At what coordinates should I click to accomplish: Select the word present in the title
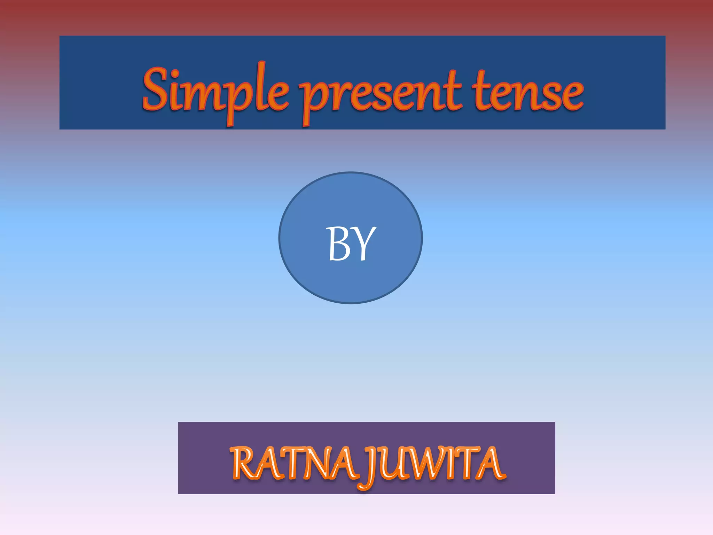(x=381, y=94)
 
